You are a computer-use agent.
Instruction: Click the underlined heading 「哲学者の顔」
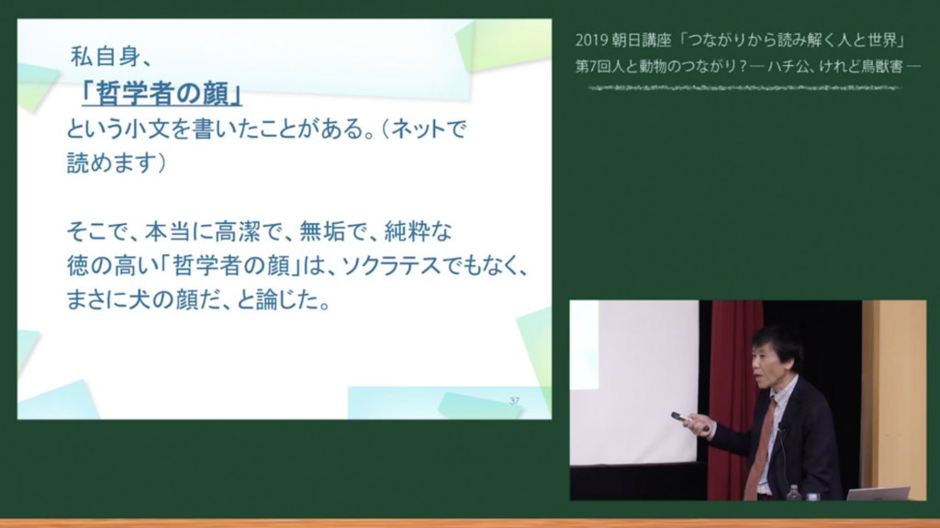[162, 94]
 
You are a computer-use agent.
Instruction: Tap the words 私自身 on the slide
[106, 56]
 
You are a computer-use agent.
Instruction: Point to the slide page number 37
[514, 400]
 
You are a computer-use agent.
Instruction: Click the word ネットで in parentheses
[429, 129]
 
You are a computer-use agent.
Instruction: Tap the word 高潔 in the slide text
[238, 231]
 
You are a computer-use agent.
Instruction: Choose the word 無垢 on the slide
[322, 231]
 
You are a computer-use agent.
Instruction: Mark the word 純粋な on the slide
[418, 231]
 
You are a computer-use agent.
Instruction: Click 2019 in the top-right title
[591, 40]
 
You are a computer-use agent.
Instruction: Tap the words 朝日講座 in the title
[642, 40]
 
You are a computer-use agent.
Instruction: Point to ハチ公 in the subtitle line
[787, 66]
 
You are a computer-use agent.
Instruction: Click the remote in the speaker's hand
[683, 418]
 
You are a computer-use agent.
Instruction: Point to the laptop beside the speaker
[878, 493]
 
